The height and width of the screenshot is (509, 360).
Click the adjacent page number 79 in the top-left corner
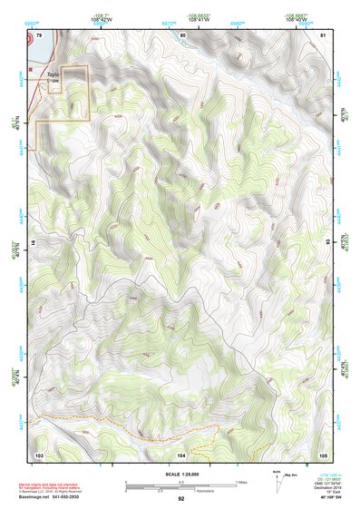pos(39,34)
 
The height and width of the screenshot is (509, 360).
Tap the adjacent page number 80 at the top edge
pos(182,34)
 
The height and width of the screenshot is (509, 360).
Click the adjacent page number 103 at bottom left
pos(39,454)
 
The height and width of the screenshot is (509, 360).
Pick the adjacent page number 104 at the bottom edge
pos(181,454)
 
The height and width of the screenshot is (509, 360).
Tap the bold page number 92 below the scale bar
pos(180,499)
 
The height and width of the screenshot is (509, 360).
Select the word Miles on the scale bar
pos(241,482)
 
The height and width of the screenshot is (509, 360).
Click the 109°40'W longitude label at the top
pos(305,18)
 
